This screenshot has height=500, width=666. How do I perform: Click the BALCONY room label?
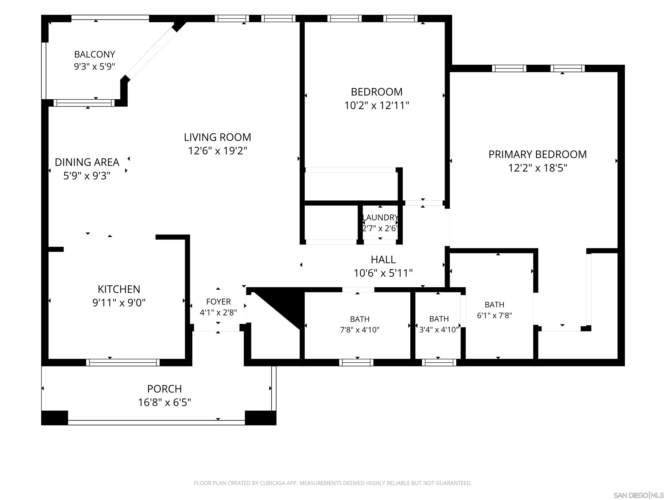(x=95, y=54)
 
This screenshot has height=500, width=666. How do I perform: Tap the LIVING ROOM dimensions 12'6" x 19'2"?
(x=217, y=150)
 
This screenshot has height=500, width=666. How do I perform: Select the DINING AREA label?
(x=87, y=162)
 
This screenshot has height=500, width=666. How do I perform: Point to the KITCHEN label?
(x=119, y=289)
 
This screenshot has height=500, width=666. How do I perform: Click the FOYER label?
(x=218, y=301)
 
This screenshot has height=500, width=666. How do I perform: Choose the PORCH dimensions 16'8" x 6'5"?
(x=164, y=402)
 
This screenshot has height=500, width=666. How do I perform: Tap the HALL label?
(x=383, y=260)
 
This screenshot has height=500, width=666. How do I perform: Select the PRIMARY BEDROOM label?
(x=537, y=154)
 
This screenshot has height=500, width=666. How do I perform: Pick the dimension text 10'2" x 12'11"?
(x=377, y=105)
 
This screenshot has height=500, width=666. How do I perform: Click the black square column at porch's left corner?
(x=54, y=418)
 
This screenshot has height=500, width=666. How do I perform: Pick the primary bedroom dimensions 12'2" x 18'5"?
(x=537, y=168)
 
